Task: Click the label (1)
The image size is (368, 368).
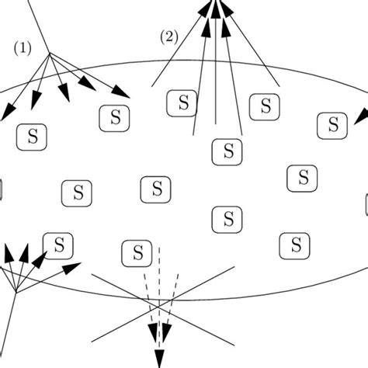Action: pyautogui.click(x=22, y=47)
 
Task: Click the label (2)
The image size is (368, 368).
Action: pyautogui.click(x=168, y=36)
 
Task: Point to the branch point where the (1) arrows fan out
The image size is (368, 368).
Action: pyautogui.click(x=50, y=54)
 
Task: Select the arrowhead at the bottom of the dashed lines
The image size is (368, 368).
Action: pyautogui.click(x=159, y=356)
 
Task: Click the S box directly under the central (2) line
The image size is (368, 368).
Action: pyautogui.click(x=227, y=151)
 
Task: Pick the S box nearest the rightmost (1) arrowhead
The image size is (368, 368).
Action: pyautogui.click(x=115, y=118)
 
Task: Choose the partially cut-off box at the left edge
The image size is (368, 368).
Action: pyautogui.click(x=2, y=189)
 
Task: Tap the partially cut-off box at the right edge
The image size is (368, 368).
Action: pyautogui.click(x=366, y=205)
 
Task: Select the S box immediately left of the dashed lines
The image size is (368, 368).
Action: pyautogui.click(x=137, y=252)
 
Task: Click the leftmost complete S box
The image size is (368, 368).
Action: pyautogui.click(x=31, y=137)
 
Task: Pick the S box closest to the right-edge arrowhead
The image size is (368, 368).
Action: pyautogui.click(x=333, y=124)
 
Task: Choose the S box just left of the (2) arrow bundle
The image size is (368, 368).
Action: pyautogui.click(x=182, y=102)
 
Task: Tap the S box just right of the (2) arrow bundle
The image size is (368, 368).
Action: pyautogui.click(x=265, y=106)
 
